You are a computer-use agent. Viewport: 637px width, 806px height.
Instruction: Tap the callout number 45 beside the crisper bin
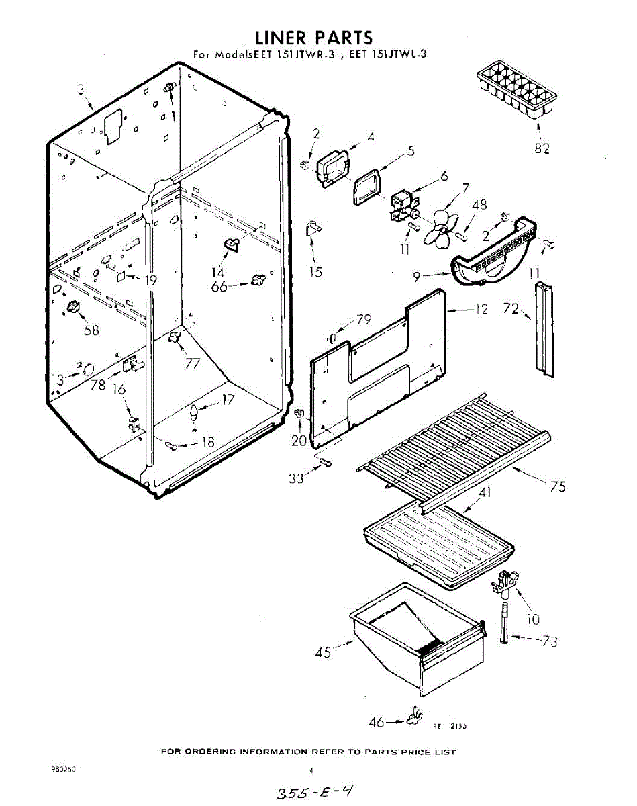pyautogui.click(x=323, y=652)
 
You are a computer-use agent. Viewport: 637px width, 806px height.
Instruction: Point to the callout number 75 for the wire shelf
pyautogui.click(x=558, y=487)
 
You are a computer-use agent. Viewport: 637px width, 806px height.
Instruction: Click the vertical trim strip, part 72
pyautogui.click(x=545, y=326)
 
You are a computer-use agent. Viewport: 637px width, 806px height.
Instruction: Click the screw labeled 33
pyautogui.click(x=326, y=462)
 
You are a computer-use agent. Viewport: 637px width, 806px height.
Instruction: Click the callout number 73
pyautogui.click(x=550, y=641)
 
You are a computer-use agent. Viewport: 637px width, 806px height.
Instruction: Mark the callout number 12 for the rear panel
pyautogui.click(x=481, y=310)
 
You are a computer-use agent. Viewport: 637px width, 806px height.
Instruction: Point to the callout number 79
pyautogui.click(x=364, y=320)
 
